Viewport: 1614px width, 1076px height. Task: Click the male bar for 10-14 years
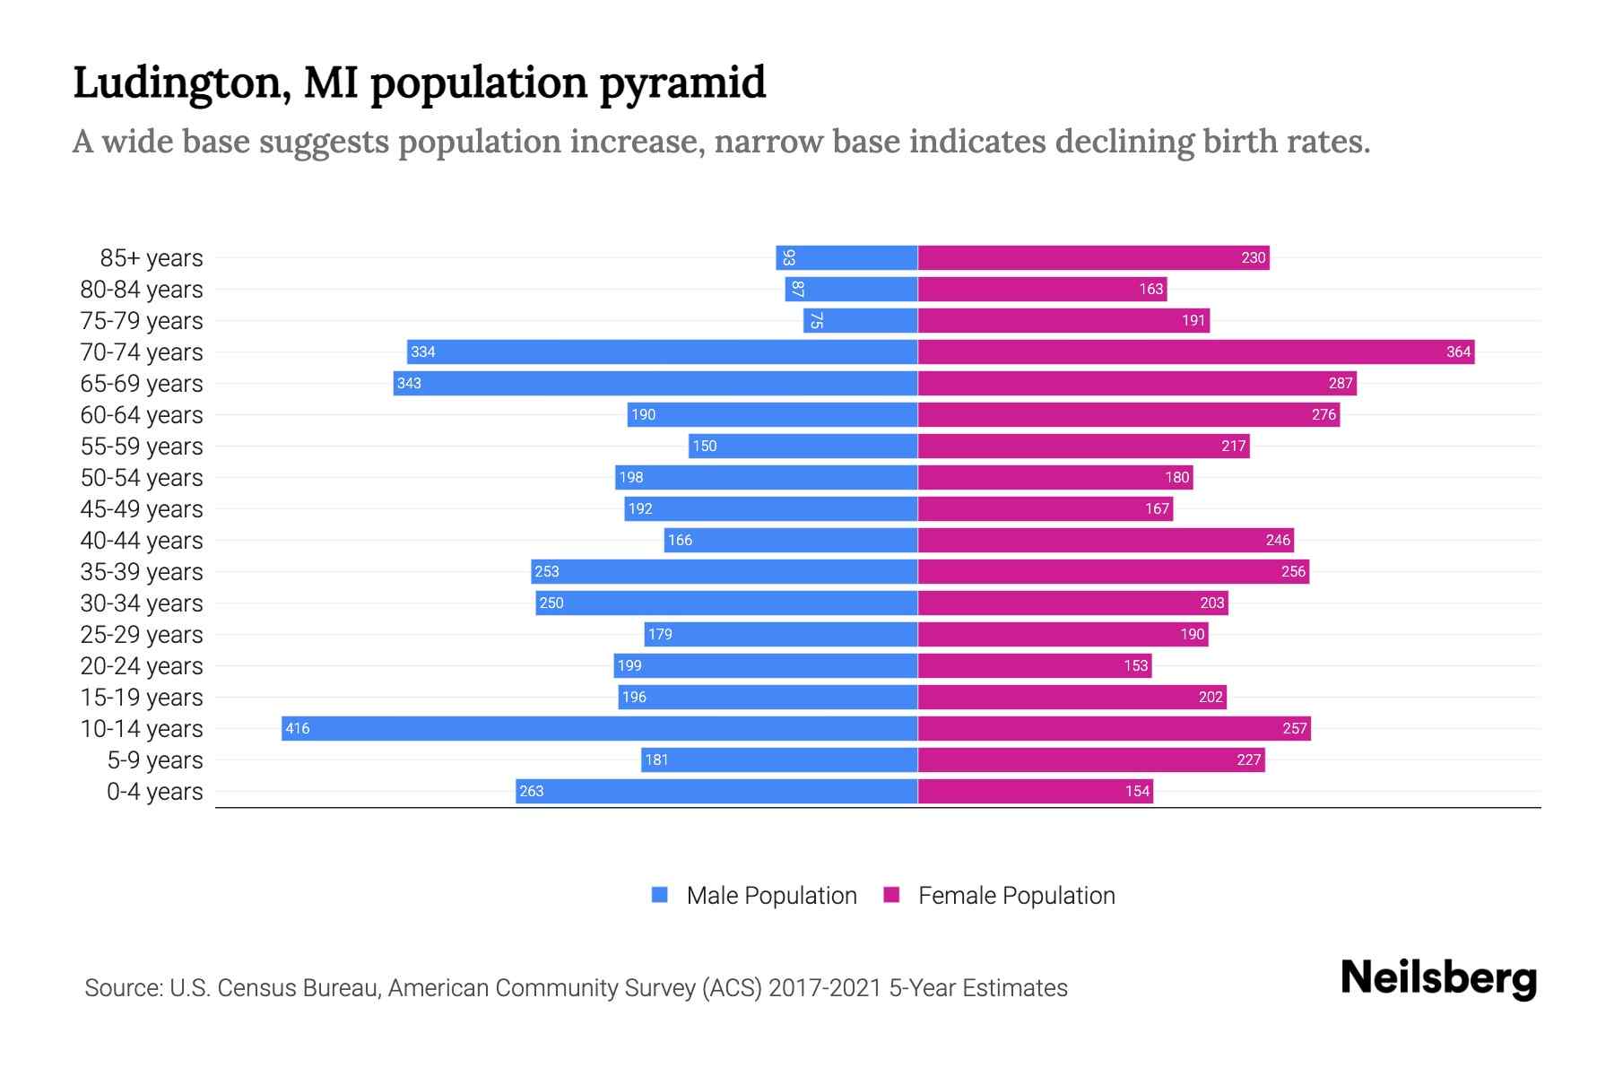599,728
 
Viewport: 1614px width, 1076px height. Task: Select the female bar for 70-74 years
1195,351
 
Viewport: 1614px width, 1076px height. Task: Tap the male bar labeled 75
861,320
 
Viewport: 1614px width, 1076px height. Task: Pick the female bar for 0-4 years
1035,791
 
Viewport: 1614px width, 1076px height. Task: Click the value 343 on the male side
409,383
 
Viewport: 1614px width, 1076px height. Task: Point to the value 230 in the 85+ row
1253,257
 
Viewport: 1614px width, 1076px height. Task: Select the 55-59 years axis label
142,446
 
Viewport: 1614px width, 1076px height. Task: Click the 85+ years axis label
152,257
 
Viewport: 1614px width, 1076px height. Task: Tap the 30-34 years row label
142,603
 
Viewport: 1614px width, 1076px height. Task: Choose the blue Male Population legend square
660,895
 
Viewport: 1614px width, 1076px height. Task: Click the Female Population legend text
1016,895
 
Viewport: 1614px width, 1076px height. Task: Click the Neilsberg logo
1438,978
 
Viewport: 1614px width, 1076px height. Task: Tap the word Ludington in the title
180,82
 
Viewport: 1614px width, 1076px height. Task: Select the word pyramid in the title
682,82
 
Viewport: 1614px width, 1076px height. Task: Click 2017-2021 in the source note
825,987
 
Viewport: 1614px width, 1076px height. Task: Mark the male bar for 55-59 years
803,446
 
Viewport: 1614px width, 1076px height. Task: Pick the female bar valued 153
1035,665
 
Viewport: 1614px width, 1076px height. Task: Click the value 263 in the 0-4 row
531,791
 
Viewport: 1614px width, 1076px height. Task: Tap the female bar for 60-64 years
1128,414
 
